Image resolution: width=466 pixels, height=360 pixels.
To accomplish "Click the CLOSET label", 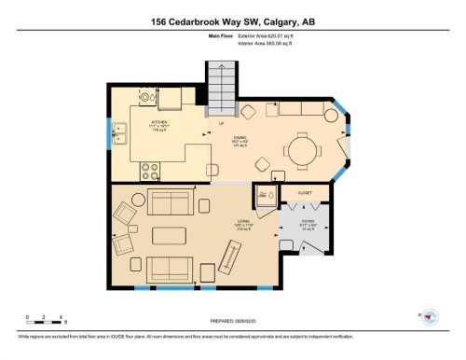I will point(304,193).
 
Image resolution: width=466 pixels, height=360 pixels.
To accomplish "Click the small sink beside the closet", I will point(267,197).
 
